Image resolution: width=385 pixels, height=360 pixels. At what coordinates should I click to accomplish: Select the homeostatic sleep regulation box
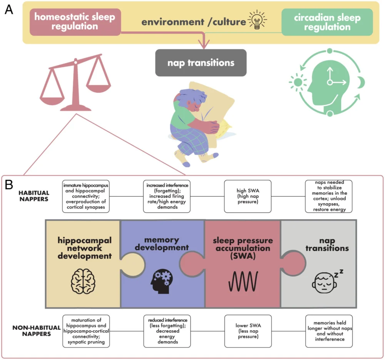(75, 22)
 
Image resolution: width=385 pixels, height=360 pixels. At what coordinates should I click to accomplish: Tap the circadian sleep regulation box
(327, 22)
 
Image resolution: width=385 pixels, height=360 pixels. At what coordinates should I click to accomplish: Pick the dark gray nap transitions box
(201, 62)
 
